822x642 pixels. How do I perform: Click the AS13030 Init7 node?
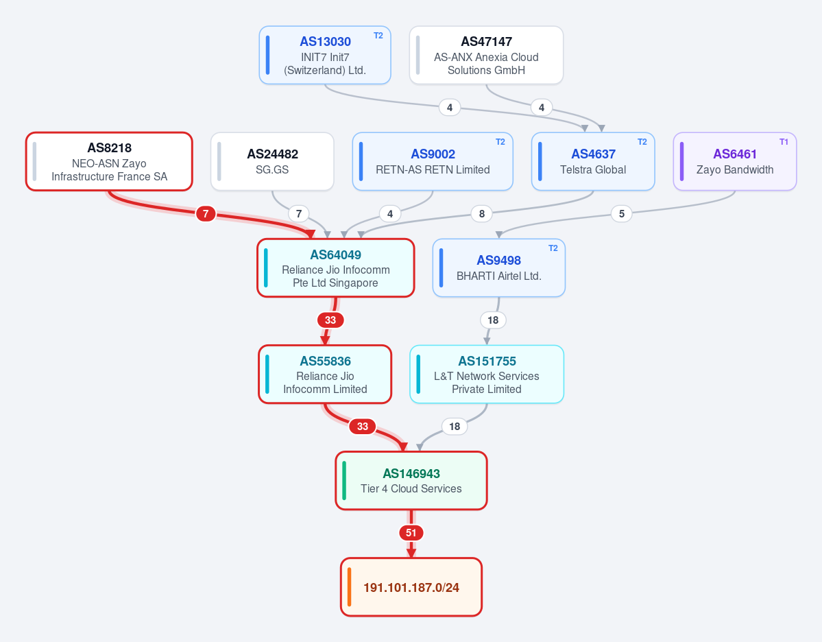coord(325,55)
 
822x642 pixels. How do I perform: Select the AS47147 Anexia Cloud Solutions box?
coord(486,55)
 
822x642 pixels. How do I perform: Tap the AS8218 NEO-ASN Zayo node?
coord(109,162)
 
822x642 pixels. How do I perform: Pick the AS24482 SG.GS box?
coord(272,162)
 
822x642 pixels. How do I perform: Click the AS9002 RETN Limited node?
coord(433,162)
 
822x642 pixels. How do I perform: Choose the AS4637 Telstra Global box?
coord(593,162)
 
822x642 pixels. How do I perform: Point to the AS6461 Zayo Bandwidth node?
coord(734,162)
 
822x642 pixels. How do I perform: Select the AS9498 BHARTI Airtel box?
coord(498,268)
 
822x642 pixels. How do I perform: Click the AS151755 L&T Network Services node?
coord(487,374)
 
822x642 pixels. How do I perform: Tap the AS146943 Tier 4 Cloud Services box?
coord(411,480)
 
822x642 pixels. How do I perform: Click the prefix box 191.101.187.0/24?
coord(411,587)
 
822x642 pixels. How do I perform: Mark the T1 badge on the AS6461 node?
coord(784,142)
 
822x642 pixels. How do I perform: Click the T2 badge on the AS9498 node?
coord(553,248)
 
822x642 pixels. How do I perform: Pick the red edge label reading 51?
coord(411,533)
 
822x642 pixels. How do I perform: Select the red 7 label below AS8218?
coord(206,213)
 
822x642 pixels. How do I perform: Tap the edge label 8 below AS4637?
coord(482,213)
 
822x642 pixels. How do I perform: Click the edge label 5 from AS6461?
coord(622,213)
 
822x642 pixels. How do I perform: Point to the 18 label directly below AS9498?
coord(493,320)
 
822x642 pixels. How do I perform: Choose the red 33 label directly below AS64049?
coord(330,320)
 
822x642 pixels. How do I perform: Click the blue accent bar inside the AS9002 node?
coord(361,162)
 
